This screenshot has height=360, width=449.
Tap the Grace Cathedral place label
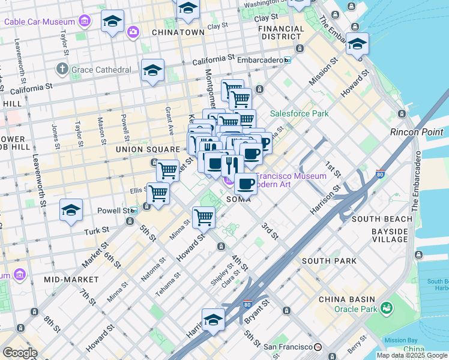pos(101,70)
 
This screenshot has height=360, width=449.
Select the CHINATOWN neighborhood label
pos(178,32)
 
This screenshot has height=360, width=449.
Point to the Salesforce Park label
pos(299,113)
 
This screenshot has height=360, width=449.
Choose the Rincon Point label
pos(417,132)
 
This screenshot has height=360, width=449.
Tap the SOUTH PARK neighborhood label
pos(329,261)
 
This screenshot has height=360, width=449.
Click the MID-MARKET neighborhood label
pos(71,280)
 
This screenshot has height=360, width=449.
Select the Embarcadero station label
pos(253,60)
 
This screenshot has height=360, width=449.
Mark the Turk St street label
pos(96,230)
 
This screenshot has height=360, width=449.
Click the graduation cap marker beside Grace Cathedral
pos(153,70)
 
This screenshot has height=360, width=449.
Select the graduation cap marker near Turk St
pos(71,210)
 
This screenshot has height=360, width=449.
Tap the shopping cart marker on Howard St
pos(204,217)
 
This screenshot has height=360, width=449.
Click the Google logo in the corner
pos(20,353)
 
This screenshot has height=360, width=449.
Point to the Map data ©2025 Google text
pos(411,355)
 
